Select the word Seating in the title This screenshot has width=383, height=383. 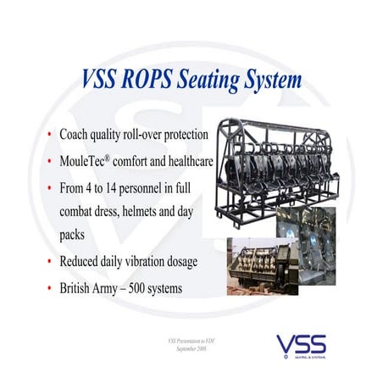pos(208,80)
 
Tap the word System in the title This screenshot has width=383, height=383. pos(272,80)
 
